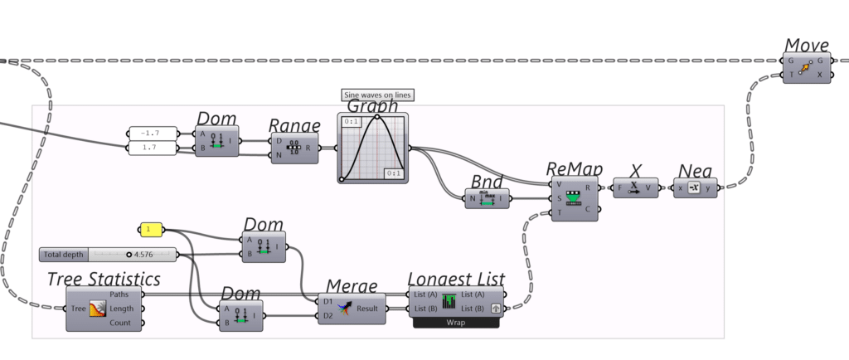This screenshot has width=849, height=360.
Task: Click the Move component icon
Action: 804,67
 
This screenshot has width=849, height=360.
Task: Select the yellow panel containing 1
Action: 151,229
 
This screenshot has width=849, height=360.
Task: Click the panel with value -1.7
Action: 153,134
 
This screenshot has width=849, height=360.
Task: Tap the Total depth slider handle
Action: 129,254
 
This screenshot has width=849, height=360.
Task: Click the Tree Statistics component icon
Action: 96,309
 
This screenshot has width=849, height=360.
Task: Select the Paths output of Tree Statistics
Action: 132,294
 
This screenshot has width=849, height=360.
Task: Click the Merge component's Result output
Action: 368,309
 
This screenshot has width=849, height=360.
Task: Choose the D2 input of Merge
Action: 327,315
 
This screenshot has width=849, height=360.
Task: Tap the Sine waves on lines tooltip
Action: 377,95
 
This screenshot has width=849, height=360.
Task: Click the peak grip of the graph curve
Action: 377,117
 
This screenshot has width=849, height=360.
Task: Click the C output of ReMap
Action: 589,207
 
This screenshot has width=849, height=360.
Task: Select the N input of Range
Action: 279,155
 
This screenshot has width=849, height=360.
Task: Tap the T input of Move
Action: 790,75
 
